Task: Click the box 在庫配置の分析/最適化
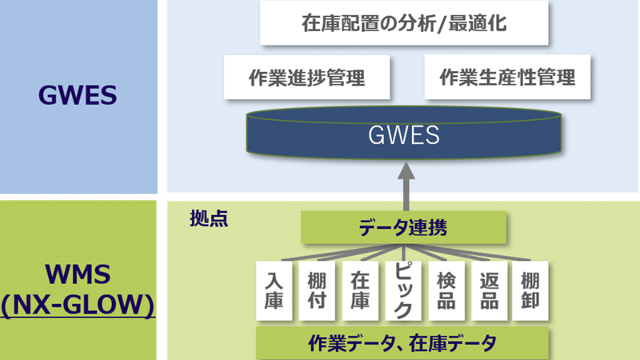[x=404, y=24]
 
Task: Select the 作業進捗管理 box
[x=307, y=78]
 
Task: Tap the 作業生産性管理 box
[x=506, y=78]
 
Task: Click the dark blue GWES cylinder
[x=404, y=134]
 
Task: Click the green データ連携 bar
[x=404, y=228]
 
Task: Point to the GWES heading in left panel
[x=78, y=96]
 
